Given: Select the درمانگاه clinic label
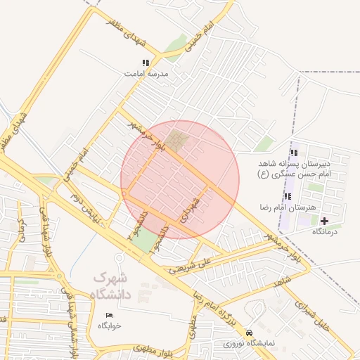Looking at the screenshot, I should [324, 231].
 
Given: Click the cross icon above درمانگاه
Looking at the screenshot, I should [323, 221].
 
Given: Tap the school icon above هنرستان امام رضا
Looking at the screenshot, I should [286, 196].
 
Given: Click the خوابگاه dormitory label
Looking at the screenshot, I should [110, 326].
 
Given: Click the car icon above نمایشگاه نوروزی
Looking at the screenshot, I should [249, 333].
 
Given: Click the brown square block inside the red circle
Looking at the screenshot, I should [179, 141].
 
